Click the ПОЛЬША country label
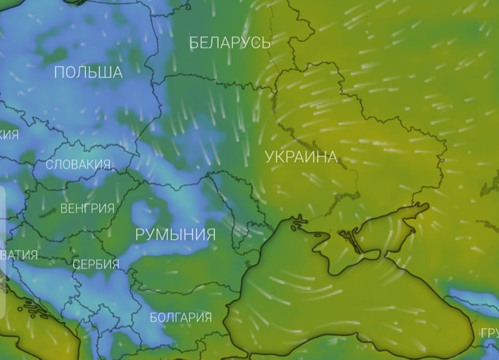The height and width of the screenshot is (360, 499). [x=88, y=72]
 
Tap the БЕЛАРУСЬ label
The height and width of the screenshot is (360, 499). [x=230, y=43]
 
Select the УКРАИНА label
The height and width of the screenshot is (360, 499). [x=301, y=157]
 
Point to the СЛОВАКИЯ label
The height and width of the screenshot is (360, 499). [x=78, y=165]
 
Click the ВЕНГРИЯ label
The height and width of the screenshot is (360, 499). [x=87, y=209]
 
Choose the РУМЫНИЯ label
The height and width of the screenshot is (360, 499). [x=175, y=234]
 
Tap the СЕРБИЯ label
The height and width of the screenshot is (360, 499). [x=96, y=264]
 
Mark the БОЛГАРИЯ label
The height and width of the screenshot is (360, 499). [x=180, y=317]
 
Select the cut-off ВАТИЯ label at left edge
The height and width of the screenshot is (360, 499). [x=19, y=255]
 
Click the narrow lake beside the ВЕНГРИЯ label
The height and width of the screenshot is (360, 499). [x=47, y=212]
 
